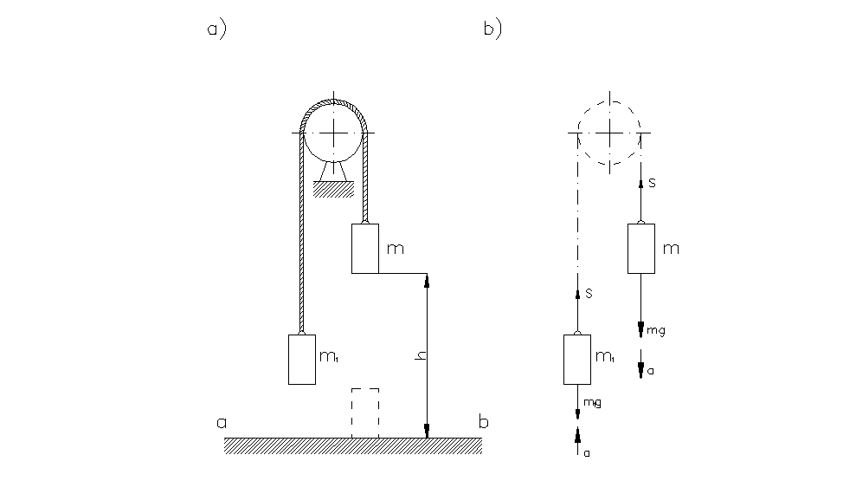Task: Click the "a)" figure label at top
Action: coord(216,30)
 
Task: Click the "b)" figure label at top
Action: coord(492,30)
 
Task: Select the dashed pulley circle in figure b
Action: coord(610,133)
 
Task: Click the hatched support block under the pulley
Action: coord(330,189)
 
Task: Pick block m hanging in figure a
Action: coord(364,249)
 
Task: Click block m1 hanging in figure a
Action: coord(301,359)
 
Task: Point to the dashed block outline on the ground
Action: coord(364,413)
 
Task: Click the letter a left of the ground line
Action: coord(222,424)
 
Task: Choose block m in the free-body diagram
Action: coord(640,249)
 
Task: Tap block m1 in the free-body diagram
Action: coord(576,359)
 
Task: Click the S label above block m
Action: coord(652,184)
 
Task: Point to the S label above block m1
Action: coord(588,294)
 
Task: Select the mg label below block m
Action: coord(656,330)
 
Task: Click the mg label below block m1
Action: coord(592,403)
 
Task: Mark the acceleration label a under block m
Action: coord(651,371)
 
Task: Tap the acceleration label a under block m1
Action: coord(586,452)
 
